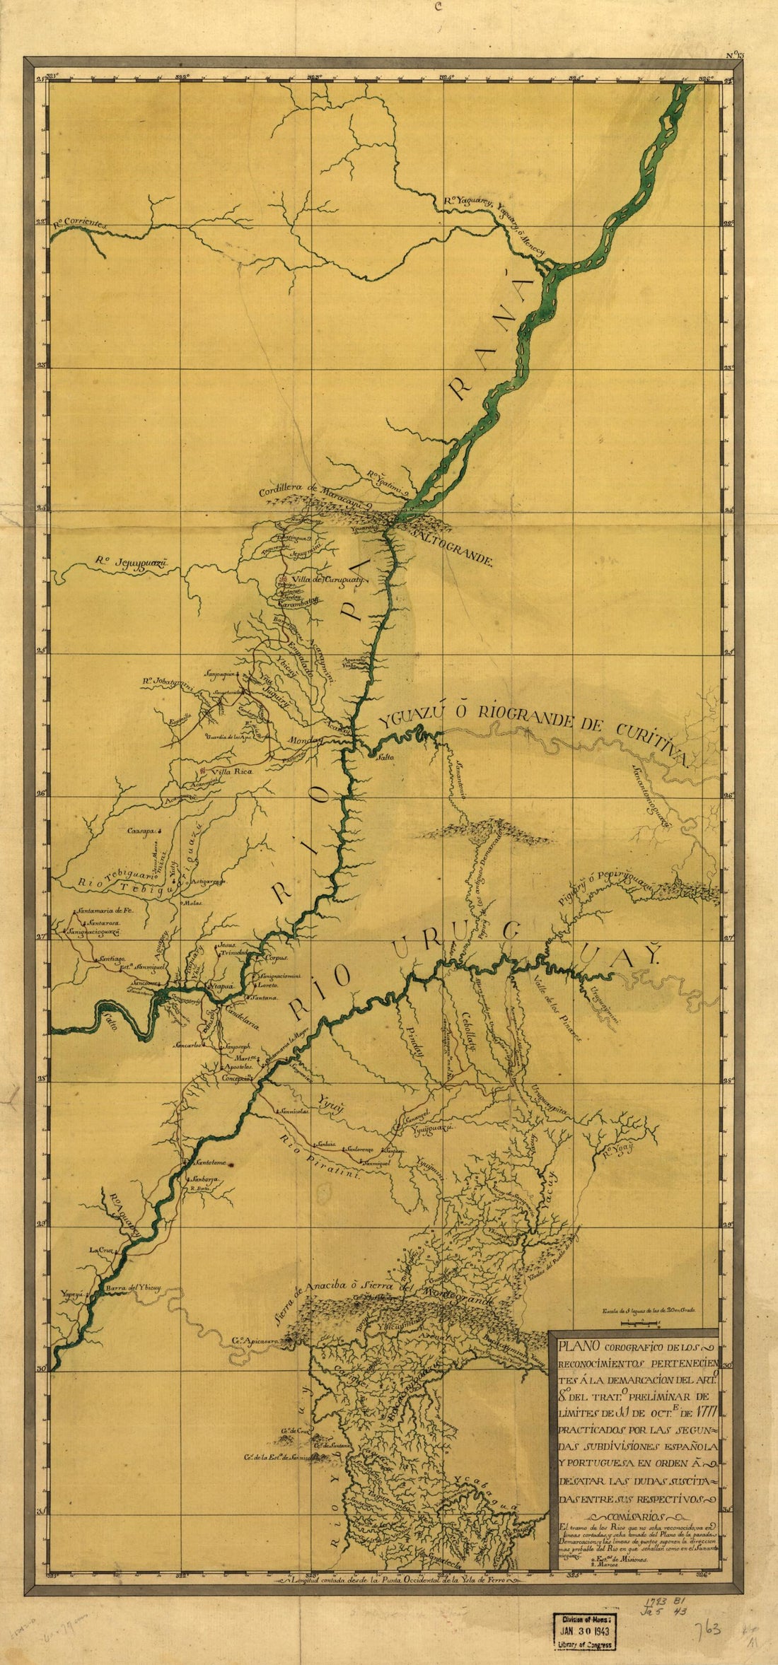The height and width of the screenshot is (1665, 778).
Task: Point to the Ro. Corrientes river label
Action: [x=79, y=223]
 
